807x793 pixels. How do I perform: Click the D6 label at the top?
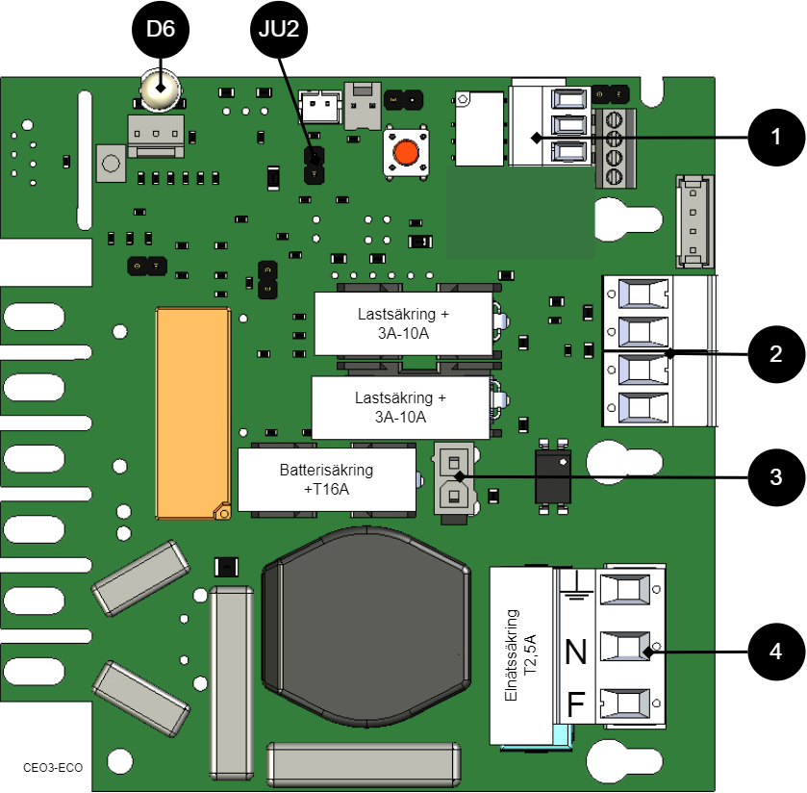(x=161, y=30)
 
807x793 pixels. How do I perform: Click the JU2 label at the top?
(x=279, y=30)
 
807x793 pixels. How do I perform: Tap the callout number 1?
(x=775, y=138)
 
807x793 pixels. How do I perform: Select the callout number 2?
(x=775, y=354)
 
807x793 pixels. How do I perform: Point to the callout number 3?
(x=775, y=477)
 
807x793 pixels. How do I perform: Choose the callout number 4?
(x=775, y=652)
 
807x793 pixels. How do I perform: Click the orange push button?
(x=406, y=153)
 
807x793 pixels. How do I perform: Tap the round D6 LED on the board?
(x=159, y=90)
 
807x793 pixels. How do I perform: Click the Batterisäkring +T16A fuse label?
(x=326, y=479)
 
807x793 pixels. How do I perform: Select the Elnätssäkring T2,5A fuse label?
(x=524, y=655)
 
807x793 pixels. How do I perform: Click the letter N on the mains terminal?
(x=576, y=653)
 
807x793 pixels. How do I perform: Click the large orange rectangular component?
(x=193, y=414)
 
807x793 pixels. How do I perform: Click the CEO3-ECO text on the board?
(x=53, y=768)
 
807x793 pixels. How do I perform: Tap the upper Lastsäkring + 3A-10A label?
(x=403, y=322)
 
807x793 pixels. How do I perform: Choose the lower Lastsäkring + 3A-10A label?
(x=401, y=407)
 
